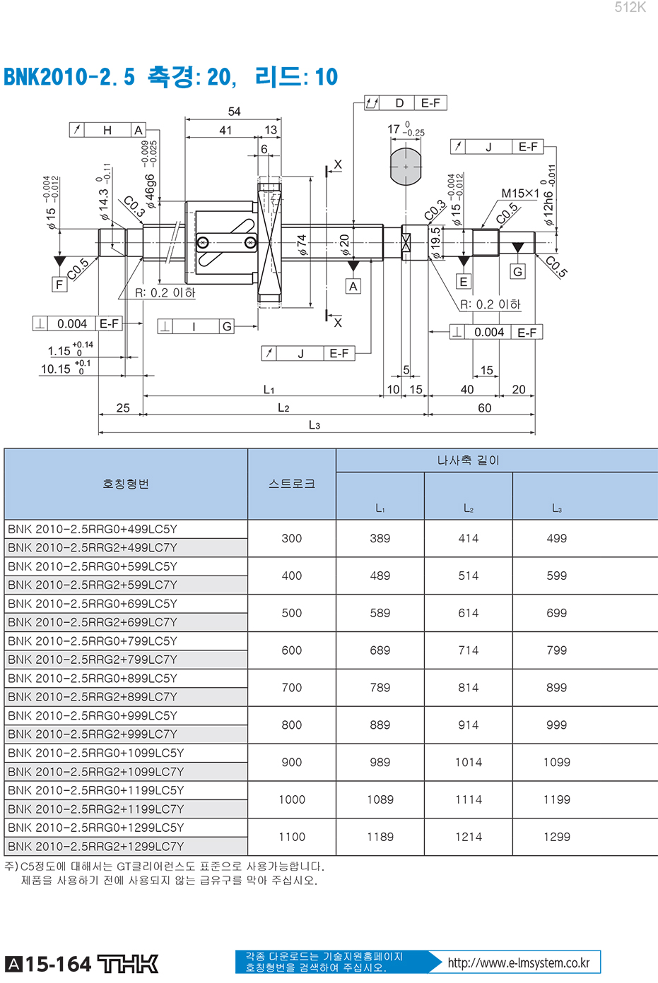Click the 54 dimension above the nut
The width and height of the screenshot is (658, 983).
(234, 112)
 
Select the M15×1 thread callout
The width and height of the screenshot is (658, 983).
(520, 193)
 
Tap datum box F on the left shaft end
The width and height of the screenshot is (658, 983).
(59, 285)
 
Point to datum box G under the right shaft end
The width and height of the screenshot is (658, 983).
(518, 272)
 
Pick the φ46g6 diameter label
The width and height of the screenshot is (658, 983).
(150, 191)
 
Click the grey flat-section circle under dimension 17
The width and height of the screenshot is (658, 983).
(406, 167)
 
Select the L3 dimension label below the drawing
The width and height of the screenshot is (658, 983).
(315, 425)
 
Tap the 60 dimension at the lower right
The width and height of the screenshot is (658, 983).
(485, 408)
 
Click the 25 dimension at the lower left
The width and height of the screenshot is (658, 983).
(123, 408)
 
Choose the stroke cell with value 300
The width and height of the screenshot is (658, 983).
(292, 538)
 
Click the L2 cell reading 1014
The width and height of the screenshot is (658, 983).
(469, 762)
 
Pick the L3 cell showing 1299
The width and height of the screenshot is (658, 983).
(556, 837)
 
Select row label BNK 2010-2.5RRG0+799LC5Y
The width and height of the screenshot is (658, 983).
(93, 641)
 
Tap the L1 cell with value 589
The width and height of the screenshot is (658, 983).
(380, 613)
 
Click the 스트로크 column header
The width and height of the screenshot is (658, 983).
(292, 484)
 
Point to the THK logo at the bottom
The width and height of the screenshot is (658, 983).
(127, 964)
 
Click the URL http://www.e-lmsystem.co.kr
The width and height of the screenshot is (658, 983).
(519, 963)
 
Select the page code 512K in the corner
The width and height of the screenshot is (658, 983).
(630, 8)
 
